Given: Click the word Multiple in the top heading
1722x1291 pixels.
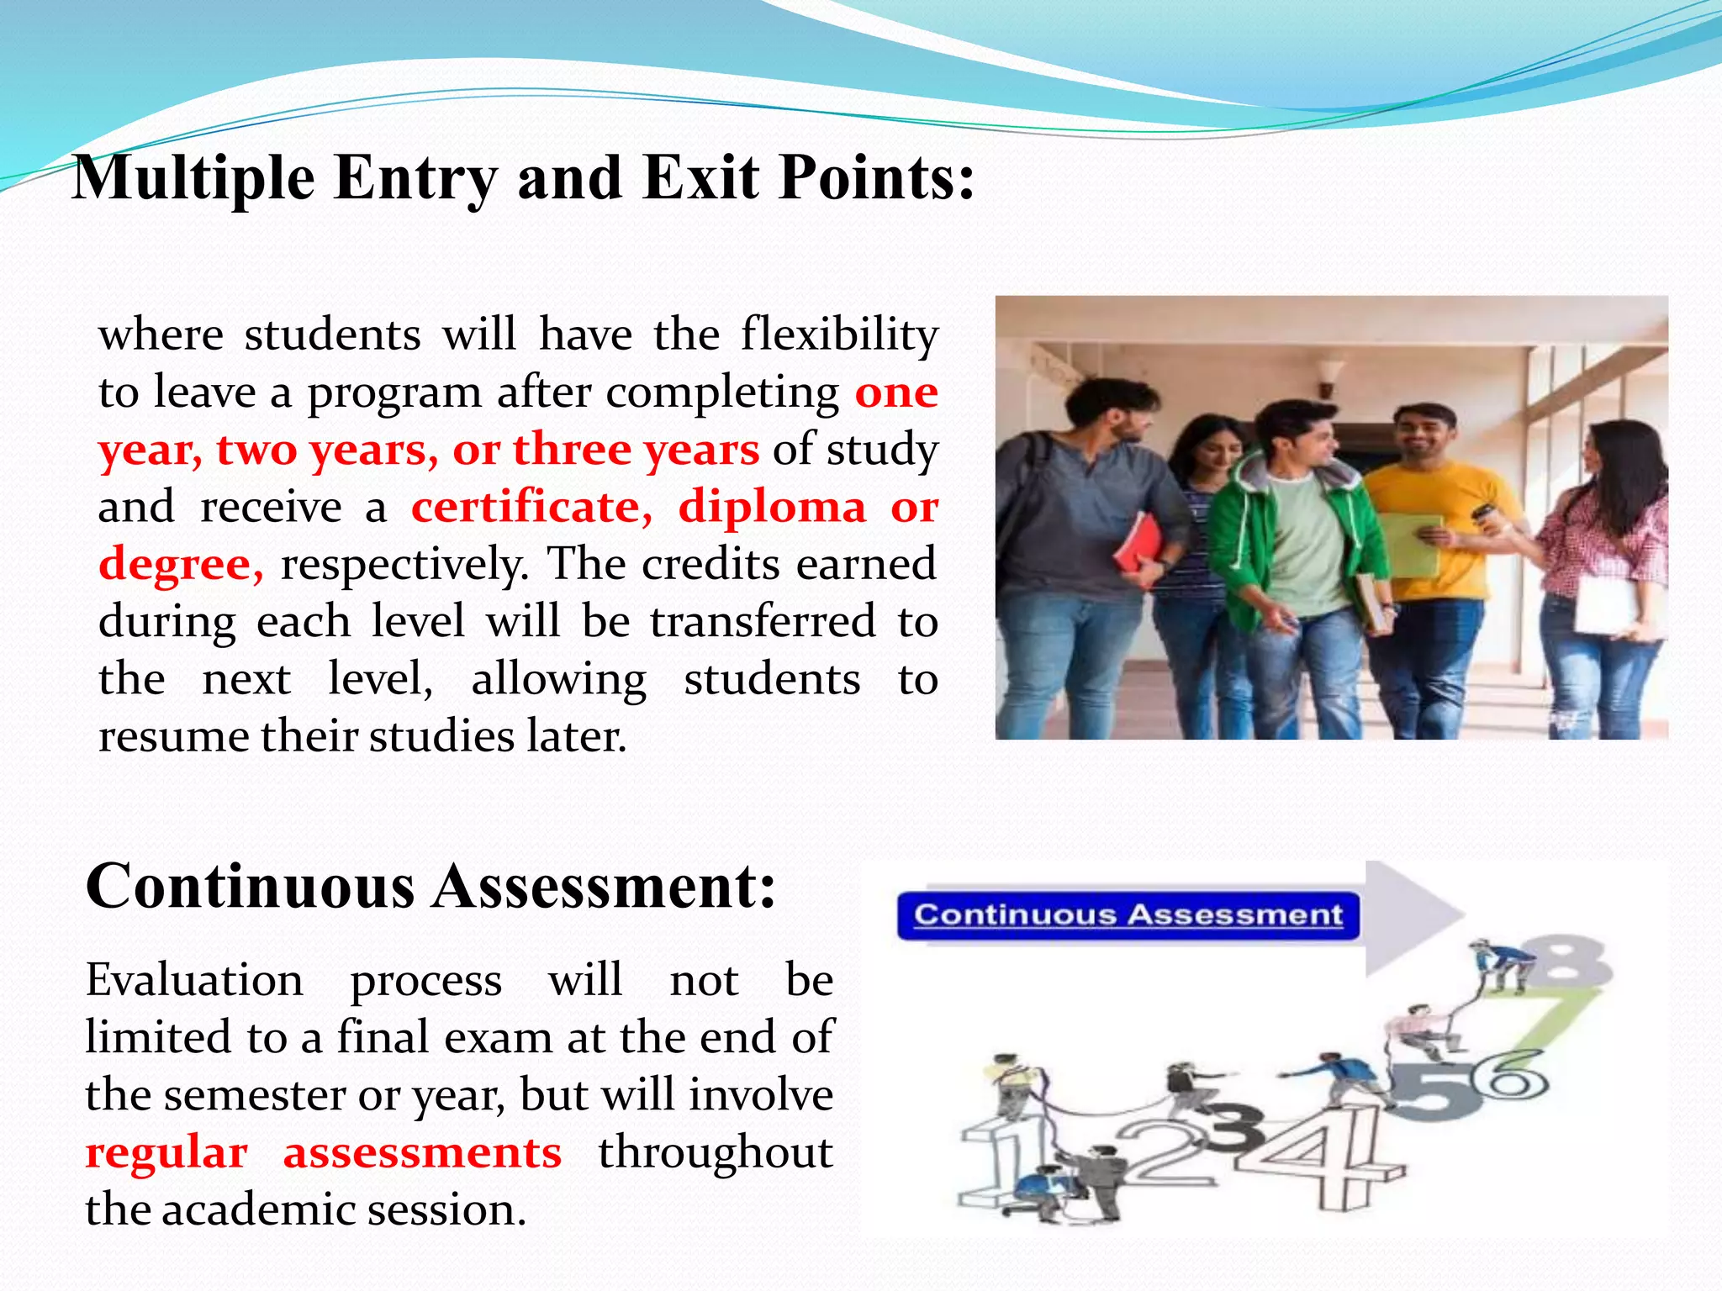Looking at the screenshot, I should [x=193, y=179].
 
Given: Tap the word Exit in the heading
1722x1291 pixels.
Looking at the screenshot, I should [x=702, y=179].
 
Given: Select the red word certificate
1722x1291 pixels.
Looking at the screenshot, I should [x=531, y=507].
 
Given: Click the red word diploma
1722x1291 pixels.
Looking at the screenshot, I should [x=772, y=507].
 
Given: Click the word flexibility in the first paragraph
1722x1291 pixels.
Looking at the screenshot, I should [x=839, y=335].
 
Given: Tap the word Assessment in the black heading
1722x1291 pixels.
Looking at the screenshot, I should [x=603, y=888].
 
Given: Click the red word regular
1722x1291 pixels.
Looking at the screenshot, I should [x=166, y=1152].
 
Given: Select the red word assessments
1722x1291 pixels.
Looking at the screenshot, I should [x=422, y=1152].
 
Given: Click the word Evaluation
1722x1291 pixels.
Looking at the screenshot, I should [x=194, y=981].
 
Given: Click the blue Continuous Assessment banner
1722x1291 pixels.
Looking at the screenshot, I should [x=1128, y=915].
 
